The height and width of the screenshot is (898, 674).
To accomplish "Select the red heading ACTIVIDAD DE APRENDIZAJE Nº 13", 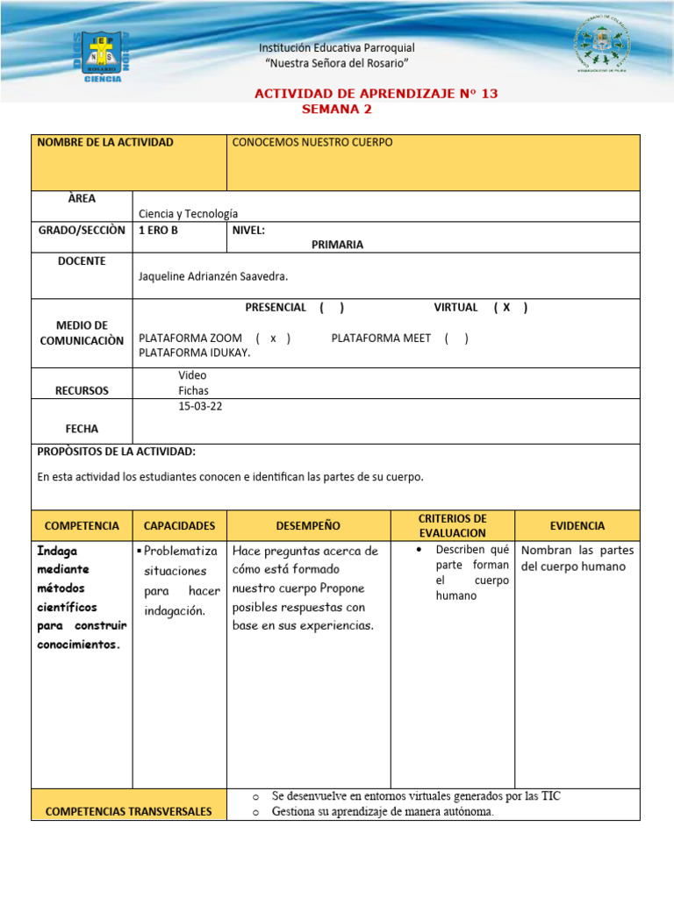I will pyautogui.click(x=376, y=94).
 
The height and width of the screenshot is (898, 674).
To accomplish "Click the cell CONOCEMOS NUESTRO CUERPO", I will pyautogui.click(x=312, y=142).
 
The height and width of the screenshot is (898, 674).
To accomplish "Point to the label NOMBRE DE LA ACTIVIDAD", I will pyautogui.click(x=105, y=142).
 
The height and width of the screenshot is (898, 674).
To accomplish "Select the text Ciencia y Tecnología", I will pyautogui.click(x=188, y=213).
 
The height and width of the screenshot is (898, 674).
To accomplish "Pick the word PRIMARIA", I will pyautogui.click(x=337, y=245).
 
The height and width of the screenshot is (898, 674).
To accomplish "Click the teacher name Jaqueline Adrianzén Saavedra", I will pyautogui.click(x=213, y=276).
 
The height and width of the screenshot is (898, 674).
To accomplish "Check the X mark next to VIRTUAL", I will pyautogui.click(x=506, y=308).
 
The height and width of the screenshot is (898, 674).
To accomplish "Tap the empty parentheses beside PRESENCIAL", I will pyautogui.click(x=332, y=308).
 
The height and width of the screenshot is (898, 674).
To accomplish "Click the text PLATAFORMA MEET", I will pyautogui.click(x=381, y=339).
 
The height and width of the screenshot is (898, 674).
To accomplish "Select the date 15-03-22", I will pyautogui.click(x=200, y=406).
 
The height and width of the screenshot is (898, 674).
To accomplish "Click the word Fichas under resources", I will pyautogui.click(x=193, y=390).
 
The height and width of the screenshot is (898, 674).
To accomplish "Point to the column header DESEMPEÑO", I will pyautogui.click(x=308, y=525).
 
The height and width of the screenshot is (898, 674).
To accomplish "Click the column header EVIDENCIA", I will pyautogui.click(x=577, y=525).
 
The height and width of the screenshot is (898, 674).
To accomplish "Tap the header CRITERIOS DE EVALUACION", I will pyautogui.click(x=452, y=525).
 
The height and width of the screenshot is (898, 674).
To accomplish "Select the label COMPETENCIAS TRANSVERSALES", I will pyautogui.click(x=128, y=811).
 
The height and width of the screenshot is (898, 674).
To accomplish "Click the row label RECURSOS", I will pyautogui.click(x=82, y=390).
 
